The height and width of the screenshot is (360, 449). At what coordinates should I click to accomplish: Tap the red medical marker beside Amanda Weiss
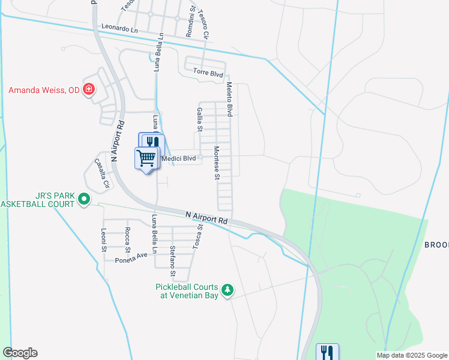tap(89, 90)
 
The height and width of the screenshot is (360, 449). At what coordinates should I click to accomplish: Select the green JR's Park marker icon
tap(84, 199)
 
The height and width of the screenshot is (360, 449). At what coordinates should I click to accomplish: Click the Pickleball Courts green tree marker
tap(228, 290)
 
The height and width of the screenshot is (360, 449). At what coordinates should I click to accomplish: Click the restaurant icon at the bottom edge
tap(327, 352)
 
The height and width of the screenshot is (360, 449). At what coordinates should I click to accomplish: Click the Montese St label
tap(217, 163)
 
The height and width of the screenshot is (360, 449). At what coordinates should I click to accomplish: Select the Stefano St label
tap(172, 262)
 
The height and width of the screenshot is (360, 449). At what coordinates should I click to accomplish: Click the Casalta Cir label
tap(100, 174)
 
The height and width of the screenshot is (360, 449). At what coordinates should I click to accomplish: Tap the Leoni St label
tap(104, 240)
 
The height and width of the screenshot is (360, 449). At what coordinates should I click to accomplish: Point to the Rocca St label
tap(127, 237)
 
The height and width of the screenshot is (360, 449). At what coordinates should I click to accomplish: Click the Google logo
tap(20, 353)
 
